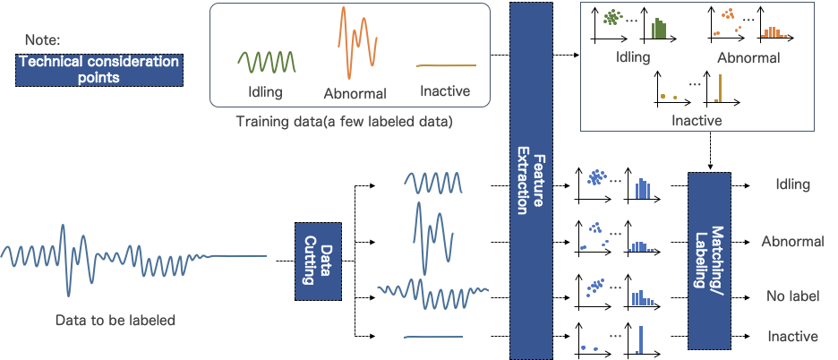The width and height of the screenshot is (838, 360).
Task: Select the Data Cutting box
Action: point(319,261)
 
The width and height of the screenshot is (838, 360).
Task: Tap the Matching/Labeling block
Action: point(709,261)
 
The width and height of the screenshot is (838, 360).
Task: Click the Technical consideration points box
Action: point(99,70)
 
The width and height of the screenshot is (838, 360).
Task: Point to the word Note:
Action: point(42,39)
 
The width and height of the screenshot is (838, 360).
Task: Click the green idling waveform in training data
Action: point(266,62)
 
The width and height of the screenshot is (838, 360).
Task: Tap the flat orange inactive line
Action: point(446,65)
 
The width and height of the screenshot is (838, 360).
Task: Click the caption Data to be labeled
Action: point(115,320)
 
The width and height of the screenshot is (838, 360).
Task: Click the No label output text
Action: point(792,296)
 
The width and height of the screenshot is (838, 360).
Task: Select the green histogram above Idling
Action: point(659,29)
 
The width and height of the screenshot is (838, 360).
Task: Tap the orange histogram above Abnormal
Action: point(773,32)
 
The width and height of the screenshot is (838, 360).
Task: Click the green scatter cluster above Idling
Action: point(612,18)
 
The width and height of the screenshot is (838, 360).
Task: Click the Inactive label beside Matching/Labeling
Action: point(792,337)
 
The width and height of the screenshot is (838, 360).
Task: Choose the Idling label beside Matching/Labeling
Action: point(792,184)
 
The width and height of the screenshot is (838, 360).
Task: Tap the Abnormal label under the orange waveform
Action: point(355,93)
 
